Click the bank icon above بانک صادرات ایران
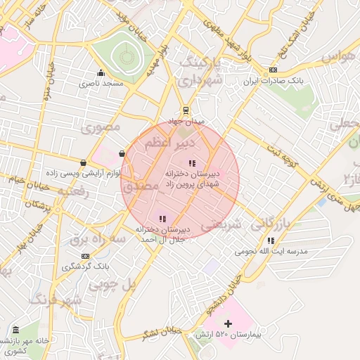(273, 70)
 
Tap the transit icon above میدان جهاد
(186, 110)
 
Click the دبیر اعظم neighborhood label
(161, 143)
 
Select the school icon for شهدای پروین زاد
(192, 163)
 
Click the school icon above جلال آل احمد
(162, 218)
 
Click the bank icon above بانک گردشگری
(86, 256)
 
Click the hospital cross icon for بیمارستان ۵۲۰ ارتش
(227, 324)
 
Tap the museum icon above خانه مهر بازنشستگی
(15, 330)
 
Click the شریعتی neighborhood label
(221, 226)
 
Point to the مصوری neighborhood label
(101, 127)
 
